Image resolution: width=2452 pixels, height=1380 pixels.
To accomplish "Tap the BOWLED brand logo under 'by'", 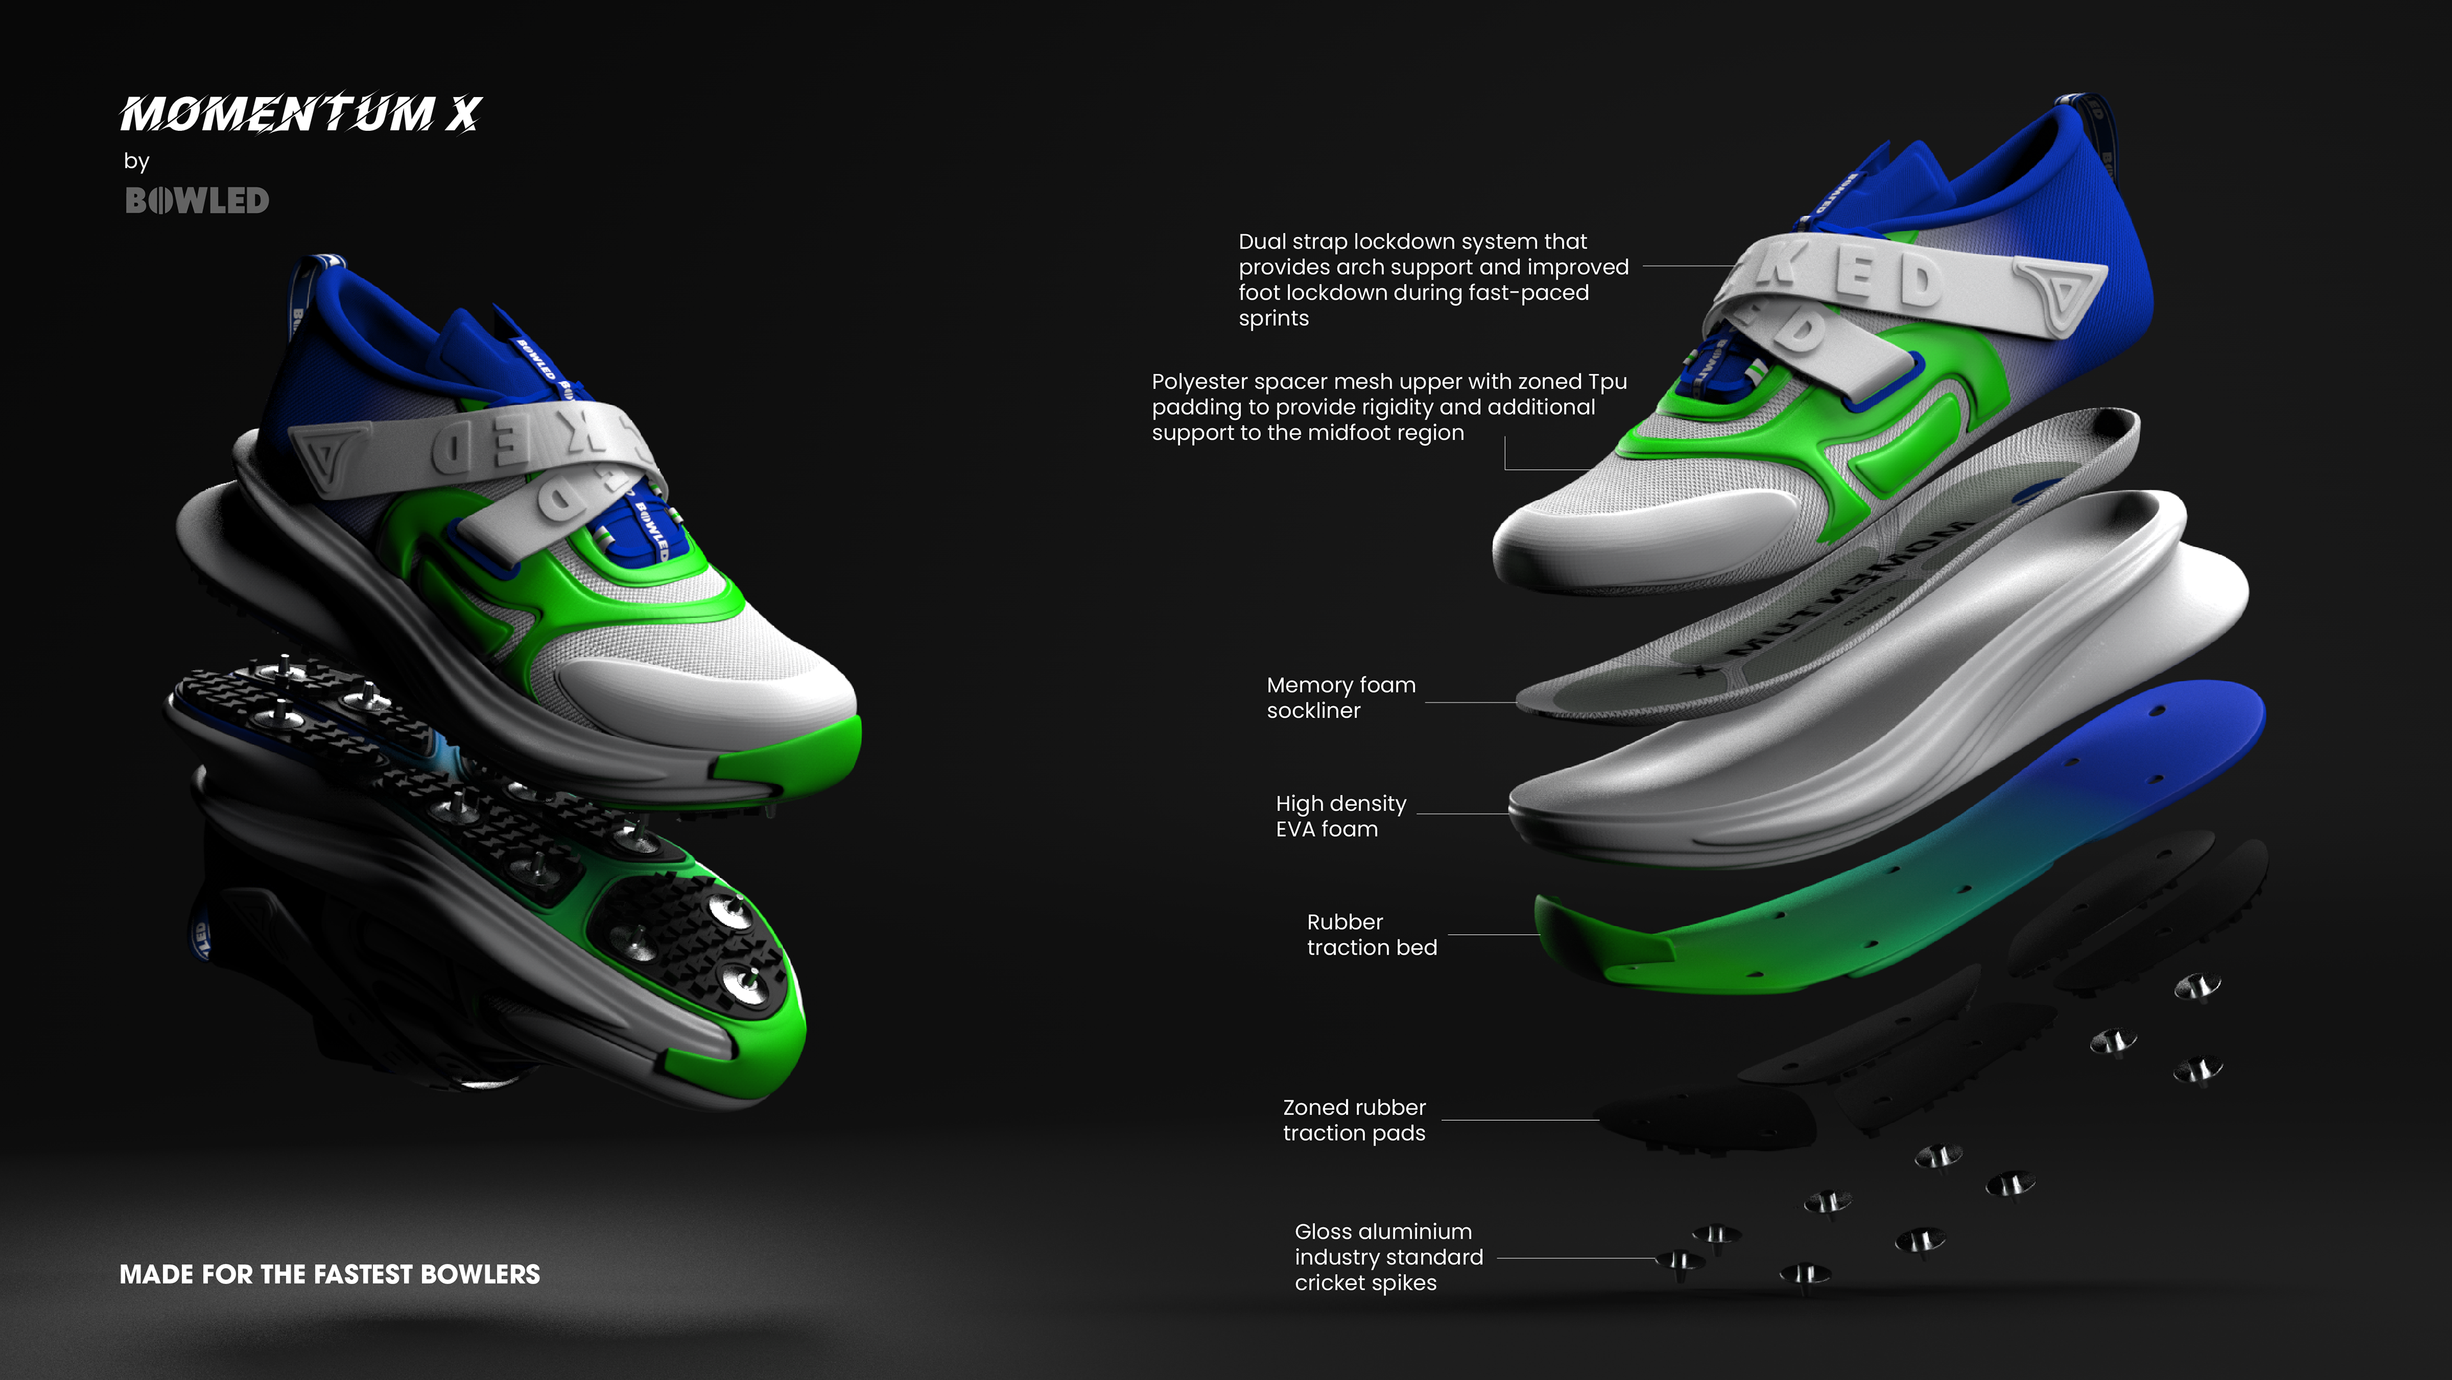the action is pos(197,201).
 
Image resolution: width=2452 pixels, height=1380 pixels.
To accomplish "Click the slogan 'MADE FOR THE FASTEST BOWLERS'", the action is pos(329,1275).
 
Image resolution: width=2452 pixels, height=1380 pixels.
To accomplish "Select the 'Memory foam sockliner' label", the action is pos(1340,697).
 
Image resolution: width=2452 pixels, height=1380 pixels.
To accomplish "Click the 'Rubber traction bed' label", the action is pos(1371,935).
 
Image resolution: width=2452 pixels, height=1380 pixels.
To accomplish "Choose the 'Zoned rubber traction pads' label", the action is pos(1354,1120).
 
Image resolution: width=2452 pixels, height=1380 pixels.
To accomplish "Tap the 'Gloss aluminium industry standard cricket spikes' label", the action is pos(1388,1257).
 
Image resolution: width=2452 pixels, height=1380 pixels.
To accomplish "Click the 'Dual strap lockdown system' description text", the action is pos(1432,280).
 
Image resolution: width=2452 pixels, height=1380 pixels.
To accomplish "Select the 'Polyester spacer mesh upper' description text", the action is pos(1388,407).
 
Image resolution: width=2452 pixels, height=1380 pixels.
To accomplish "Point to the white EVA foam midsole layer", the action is pos(1856,724).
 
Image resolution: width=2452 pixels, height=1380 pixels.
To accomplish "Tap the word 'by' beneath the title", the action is pos(136,161).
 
